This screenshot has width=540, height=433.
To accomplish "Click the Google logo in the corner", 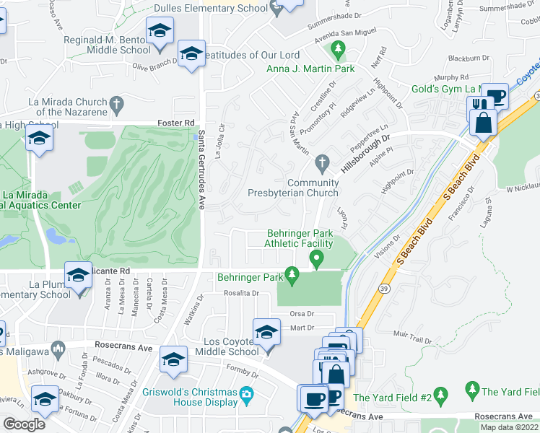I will (x=24, y=424).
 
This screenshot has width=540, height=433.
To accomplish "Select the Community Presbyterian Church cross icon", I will (x=323, y=162).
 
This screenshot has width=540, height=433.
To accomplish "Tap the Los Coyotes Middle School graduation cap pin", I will (x=266, y=332).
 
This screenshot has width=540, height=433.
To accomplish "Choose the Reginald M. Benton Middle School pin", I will (x=160, y=31).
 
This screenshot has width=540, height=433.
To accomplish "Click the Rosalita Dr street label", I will (x=240, y=293).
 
